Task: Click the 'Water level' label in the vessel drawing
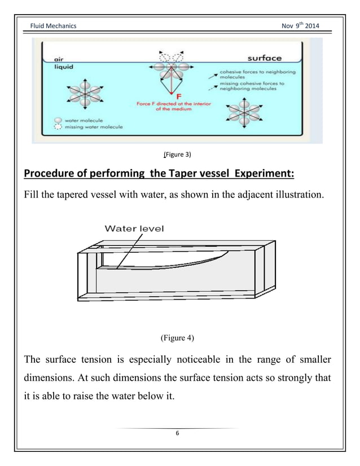pyautogui.click(x=134, y=228)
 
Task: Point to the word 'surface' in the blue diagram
pyautogui.click(x=265, y=58)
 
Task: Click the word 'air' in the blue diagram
pyautogui.click(x=58, y=59)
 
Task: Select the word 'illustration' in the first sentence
pyautogui.click(x=299, y=196)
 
